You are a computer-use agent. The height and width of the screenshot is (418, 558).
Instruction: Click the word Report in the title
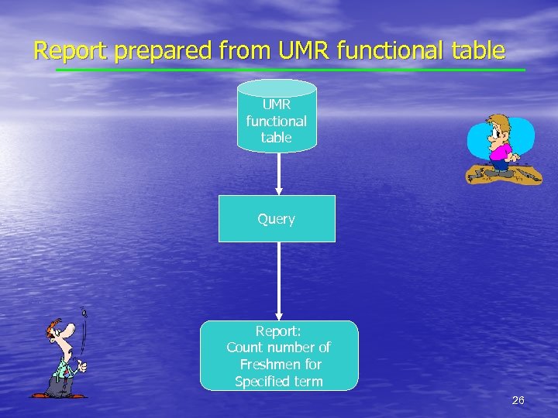point(72,51)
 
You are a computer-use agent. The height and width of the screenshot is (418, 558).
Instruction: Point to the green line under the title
point(291,70)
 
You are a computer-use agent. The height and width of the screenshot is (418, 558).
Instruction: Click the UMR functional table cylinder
point(277,116)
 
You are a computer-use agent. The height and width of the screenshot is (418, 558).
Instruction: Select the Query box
point(277,219)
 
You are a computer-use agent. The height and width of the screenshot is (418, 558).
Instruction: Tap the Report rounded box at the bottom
point(279,355)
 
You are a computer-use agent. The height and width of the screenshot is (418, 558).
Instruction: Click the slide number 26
point(518,400)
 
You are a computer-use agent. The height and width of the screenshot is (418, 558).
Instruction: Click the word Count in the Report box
point(245,348)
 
